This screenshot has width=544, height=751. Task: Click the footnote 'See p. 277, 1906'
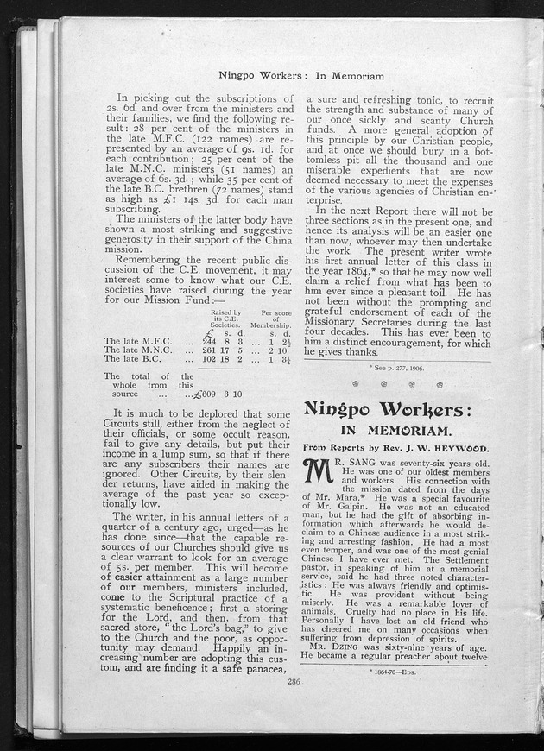pyautogui.click(x=402, y=367)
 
